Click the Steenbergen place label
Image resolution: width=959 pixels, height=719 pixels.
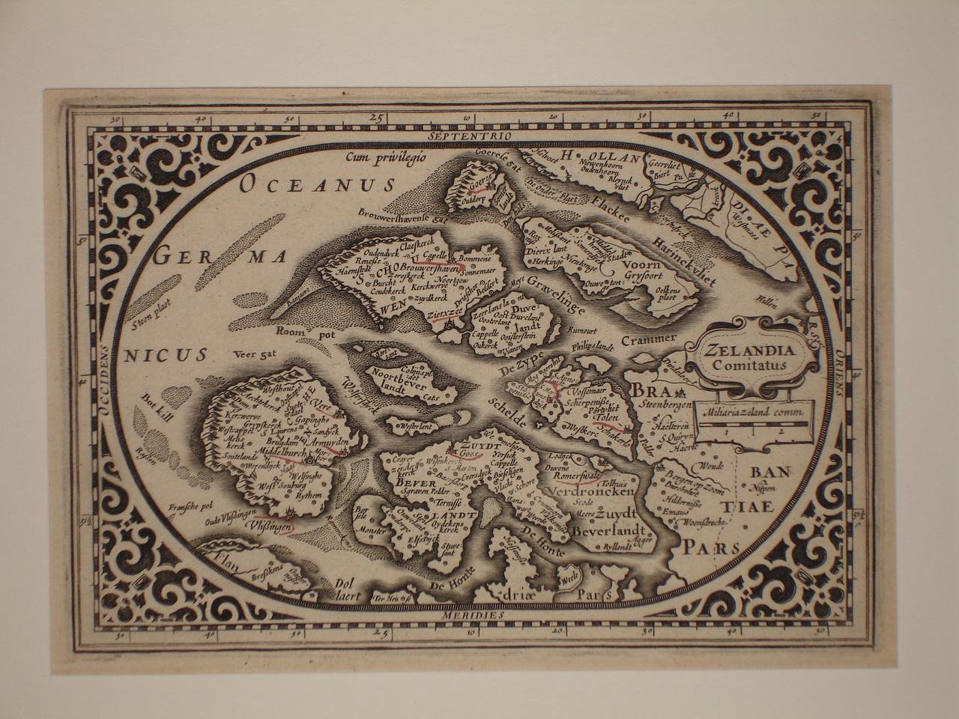point(665,405)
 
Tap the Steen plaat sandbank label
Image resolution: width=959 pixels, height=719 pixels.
point(149,323)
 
